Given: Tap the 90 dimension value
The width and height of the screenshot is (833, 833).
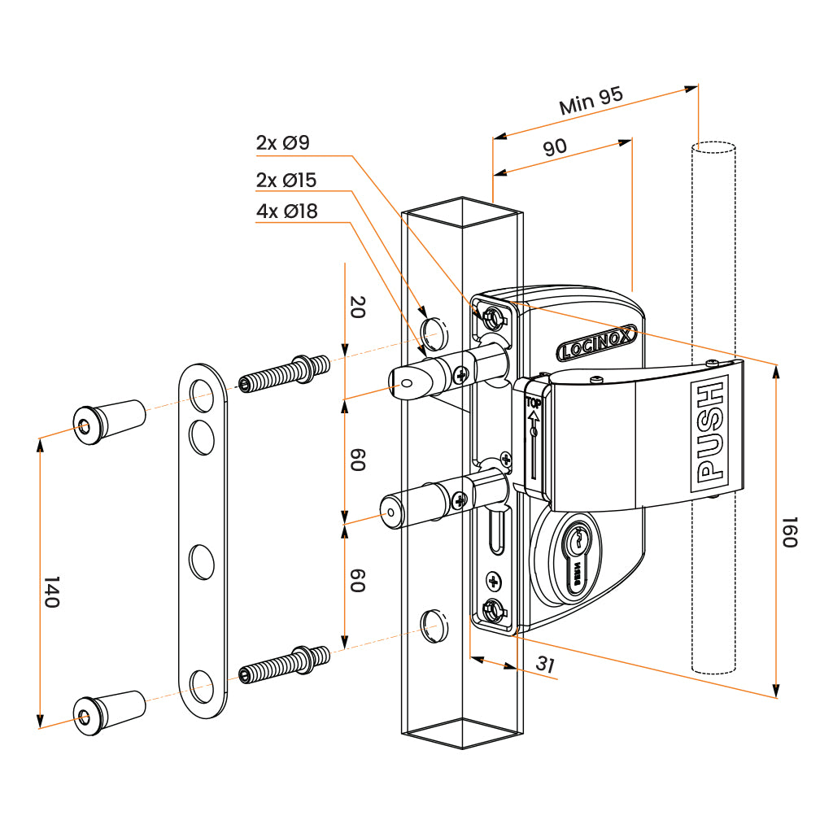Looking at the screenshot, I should coord(555,147).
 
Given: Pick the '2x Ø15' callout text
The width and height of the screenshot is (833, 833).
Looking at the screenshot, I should coord(286,180).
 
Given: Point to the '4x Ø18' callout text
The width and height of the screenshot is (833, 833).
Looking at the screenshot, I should coord(286,212).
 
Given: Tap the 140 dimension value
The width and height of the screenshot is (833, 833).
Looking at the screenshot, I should coord(51,591).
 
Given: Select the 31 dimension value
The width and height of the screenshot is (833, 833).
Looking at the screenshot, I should coord(546,665).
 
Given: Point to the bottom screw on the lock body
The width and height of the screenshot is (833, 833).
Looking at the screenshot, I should coord(491,609).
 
